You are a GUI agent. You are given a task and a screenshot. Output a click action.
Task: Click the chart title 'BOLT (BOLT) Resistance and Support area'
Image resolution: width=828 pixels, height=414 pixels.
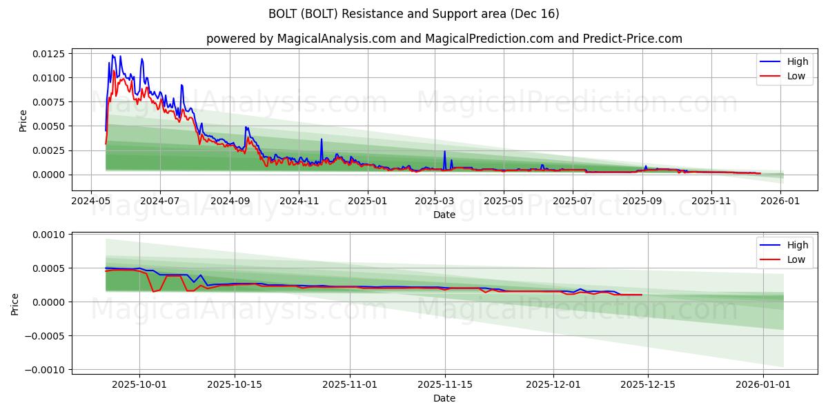click(x=414, y=14)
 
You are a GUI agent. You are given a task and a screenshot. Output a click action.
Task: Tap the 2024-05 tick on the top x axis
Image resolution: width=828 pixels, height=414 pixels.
click(x=91, y=201)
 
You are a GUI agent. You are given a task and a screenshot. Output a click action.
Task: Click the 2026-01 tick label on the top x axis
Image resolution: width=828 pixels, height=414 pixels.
click(x=781, y=201)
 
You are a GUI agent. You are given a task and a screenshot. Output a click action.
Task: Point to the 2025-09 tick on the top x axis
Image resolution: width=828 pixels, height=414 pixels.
click(x=642, y=201)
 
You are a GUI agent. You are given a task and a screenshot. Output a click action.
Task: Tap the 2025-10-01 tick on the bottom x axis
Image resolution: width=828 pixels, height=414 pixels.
click(x=139, y=384)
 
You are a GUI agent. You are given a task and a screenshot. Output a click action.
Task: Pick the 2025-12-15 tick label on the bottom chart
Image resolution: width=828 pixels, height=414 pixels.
click(x=648, y=384)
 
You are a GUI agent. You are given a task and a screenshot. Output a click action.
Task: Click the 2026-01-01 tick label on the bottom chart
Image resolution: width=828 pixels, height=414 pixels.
click(x=764, y=384)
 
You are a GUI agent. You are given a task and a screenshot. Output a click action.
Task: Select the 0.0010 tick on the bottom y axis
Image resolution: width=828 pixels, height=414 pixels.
click(x=49, y=235)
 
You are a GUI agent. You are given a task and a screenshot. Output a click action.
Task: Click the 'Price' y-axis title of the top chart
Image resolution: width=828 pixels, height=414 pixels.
click(x=23, y=121)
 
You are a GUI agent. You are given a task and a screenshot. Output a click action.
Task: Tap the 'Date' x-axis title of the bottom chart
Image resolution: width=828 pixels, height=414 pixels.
click(x=444, y=398)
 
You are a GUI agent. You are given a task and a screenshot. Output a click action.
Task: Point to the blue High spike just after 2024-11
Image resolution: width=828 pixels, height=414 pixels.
click(x=321, y=140)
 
